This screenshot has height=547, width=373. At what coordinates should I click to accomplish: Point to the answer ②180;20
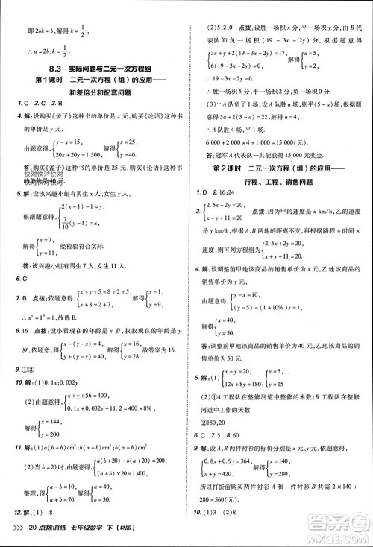228,420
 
